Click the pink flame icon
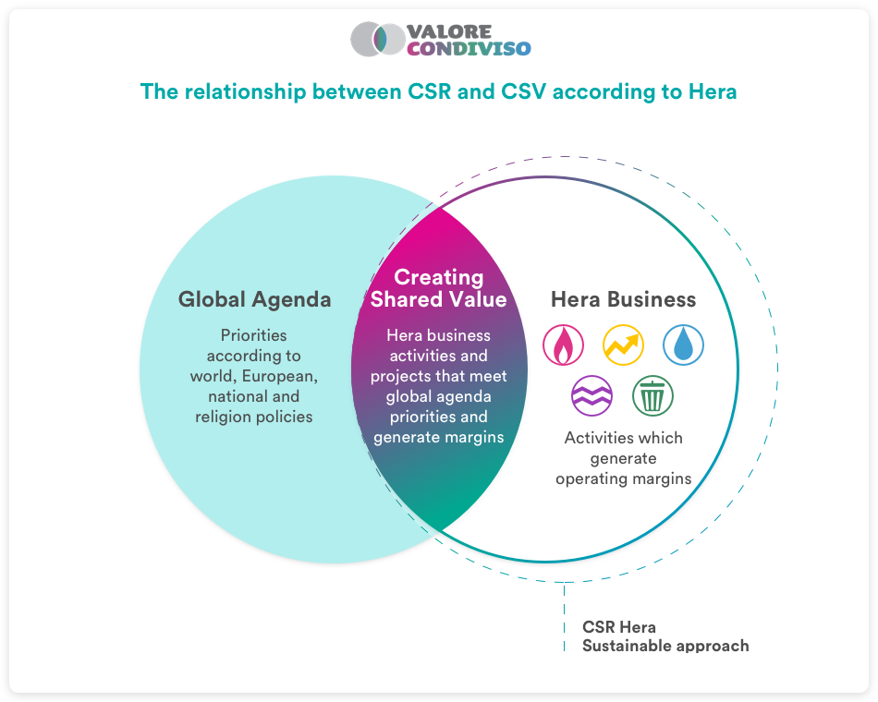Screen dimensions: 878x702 point(564,345)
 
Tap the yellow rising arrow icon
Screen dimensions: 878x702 point(623,345)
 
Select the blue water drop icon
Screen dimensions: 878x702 point(683,345)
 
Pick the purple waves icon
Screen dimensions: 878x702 point(591,395)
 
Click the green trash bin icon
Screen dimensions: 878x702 point(652,395)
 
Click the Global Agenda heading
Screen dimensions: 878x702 point(254,300)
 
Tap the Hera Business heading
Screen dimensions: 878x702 point(623,299)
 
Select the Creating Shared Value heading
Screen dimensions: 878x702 point(438,288)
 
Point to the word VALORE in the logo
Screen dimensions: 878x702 point(449,31)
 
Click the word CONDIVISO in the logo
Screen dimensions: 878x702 point(469,49)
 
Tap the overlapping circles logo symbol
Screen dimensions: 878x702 point(378,39)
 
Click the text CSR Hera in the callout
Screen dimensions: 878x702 point(618,627)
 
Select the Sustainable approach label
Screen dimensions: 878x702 point(665,646)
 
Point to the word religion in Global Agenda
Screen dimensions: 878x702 point(221,418)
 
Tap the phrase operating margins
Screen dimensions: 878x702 point(623,479)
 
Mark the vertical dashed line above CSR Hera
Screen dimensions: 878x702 point(565,616)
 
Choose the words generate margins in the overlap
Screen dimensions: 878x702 point(438,438)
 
